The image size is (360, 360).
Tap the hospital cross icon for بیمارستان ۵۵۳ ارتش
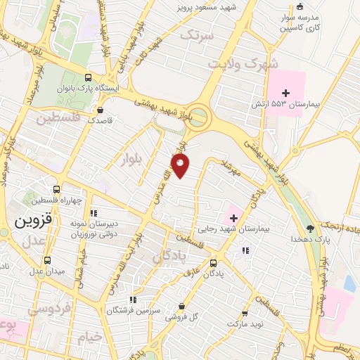coord(285,93)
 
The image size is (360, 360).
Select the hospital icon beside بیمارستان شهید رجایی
coord(233,219)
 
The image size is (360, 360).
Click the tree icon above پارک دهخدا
coord(310,228)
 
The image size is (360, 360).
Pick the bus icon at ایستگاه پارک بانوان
coord(88,77)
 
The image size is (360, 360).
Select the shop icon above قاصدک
coord(101,110)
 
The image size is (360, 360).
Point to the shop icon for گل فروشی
coord(181,307)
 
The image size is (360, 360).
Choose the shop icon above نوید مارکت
coord(245,314)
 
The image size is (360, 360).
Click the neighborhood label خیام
coord(90,337)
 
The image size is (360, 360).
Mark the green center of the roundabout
coord(199,114)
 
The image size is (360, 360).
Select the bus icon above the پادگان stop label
coord(214,264)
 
